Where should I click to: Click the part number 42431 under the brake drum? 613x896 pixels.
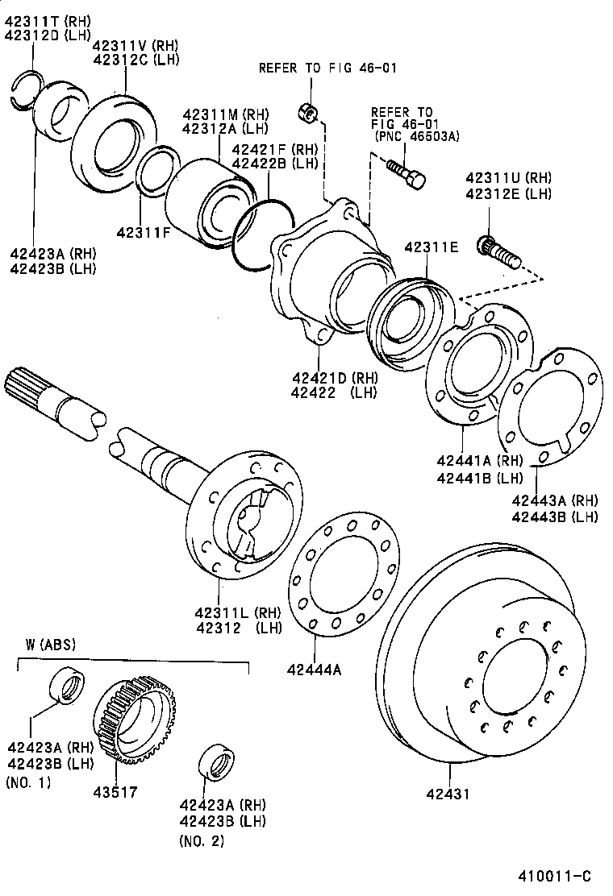coord(448,794)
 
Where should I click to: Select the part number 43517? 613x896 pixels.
coord(116,791)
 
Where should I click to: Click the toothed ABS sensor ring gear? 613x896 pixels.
coord(135,717)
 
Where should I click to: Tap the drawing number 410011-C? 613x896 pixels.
coord(555,876)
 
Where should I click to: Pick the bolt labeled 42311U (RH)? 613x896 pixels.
coord(497,251)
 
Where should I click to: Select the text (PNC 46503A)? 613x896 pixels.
coord(417,137)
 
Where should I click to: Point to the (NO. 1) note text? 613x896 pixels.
coord(27,782)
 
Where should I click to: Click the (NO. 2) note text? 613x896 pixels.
coord(201,841)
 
